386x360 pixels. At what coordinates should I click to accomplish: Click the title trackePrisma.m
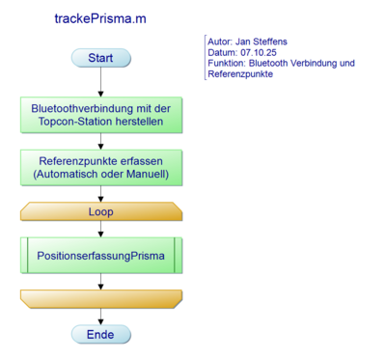tap(100, 18)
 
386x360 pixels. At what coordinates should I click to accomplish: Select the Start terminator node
tap(100, 59)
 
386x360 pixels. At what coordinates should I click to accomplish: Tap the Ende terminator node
tap(100, 334)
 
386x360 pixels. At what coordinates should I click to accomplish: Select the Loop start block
tap(100, 210)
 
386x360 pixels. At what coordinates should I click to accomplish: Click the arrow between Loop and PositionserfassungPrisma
tap(100, 229)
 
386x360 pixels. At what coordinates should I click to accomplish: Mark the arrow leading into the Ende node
tap(100, 316)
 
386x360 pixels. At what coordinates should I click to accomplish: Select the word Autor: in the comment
tap(222, 41)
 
